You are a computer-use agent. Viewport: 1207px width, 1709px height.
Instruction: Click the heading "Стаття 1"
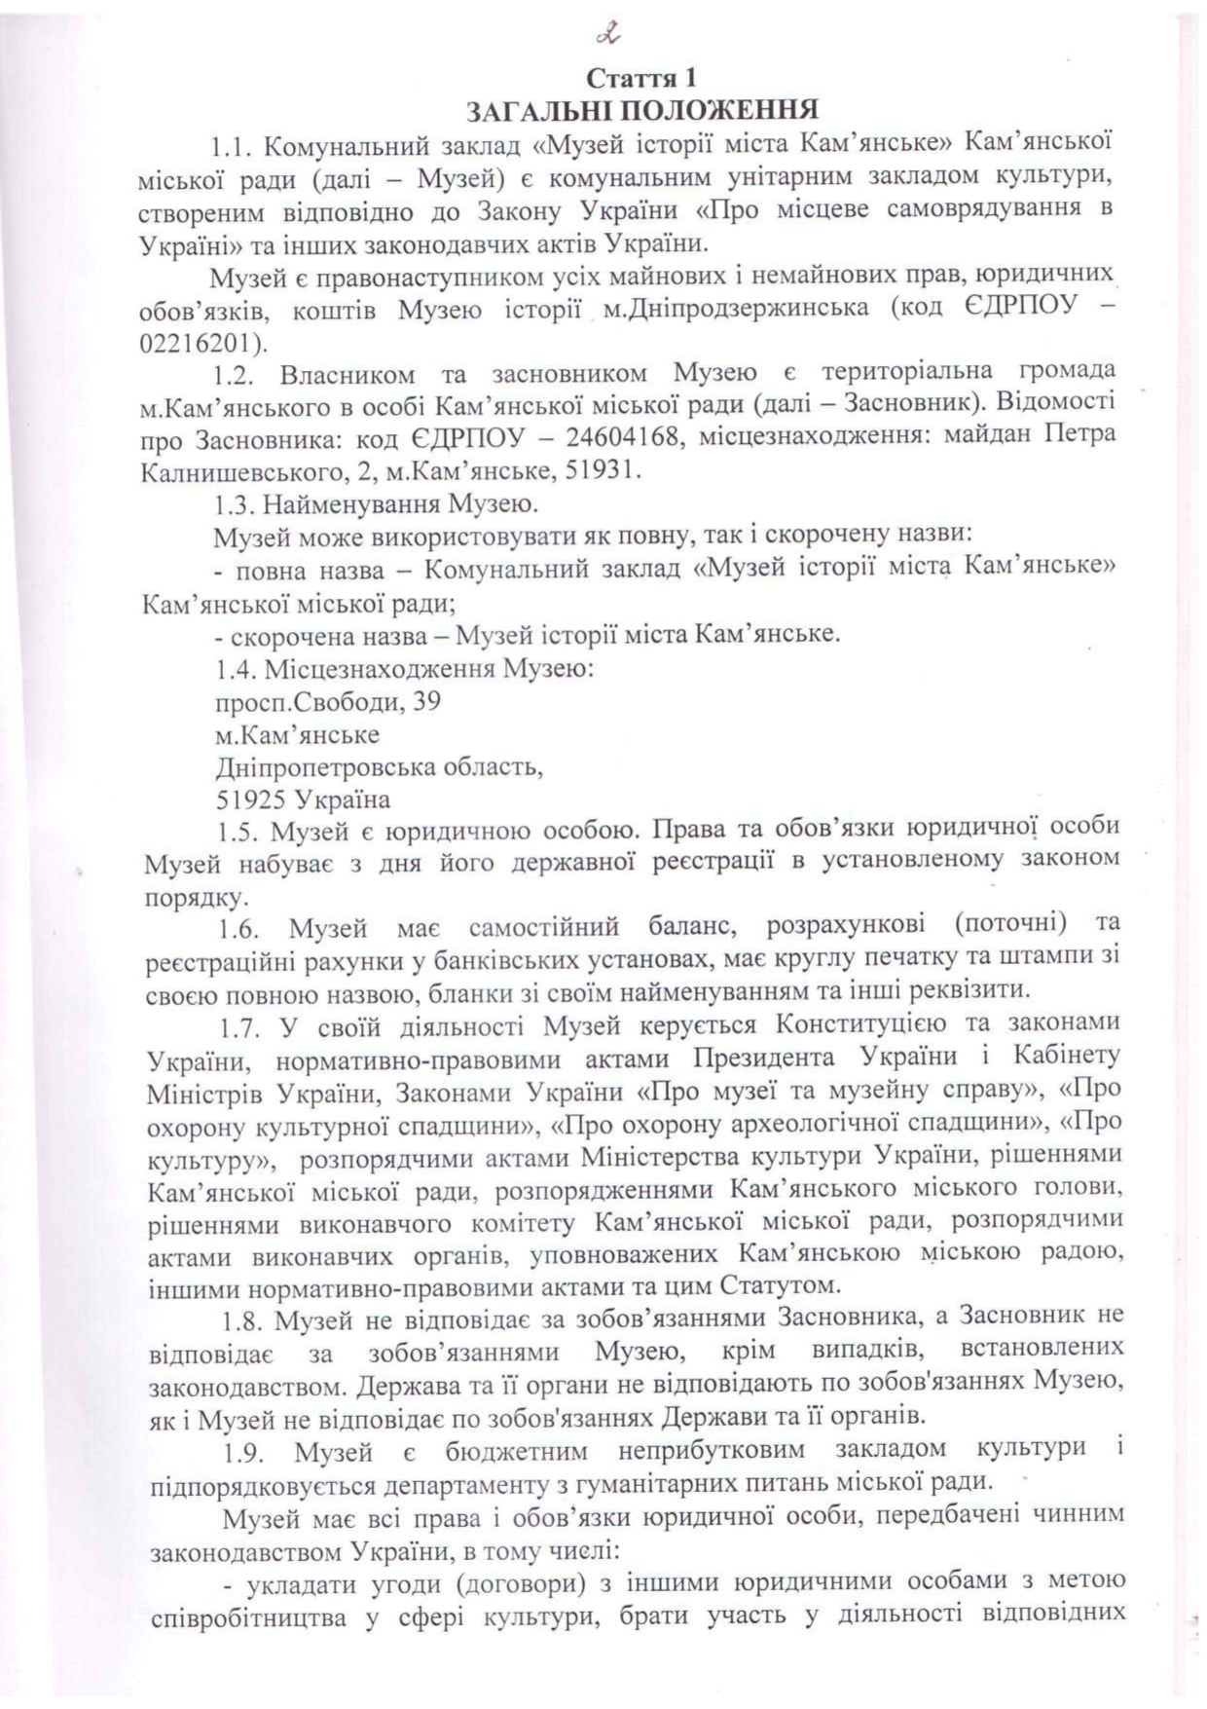641,76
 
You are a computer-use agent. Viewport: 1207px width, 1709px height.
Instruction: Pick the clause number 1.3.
234,504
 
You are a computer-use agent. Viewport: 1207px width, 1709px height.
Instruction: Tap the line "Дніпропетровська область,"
378,766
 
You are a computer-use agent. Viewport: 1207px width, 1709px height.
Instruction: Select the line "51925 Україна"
303,799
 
